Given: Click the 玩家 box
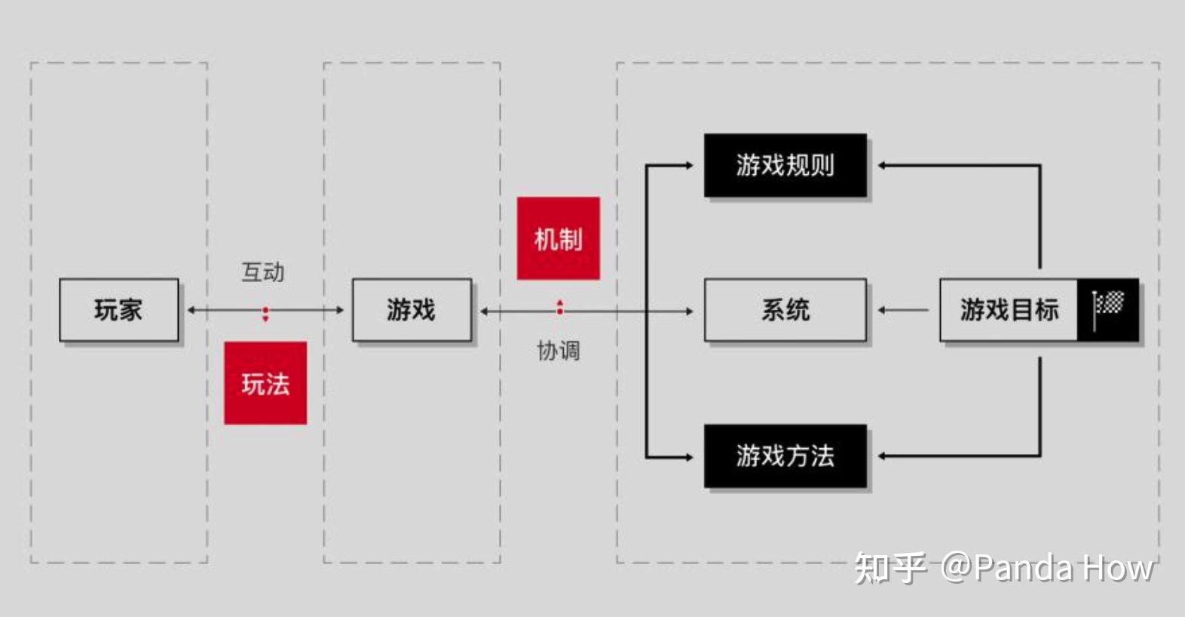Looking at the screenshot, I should (x=118, y=310).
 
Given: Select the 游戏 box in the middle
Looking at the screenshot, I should (x=412, y=310).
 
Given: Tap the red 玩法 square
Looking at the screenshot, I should (x=265, y=383).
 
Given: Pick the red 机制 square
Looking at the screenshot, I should (x=558, y=238).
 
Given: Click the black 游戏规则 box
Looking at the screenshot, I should (x=785, y=165).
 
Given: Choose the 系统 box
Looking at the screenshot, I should (x=785, y=310).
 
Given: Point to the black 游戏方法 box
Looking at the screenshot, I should (x=785, y=456).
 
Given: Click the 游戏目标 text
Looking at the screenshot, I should (x=1009, y=310).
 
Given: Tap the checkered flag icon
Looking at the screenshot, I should (x=1108, y=308).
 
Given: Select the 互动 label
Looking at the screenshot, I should (x=262, y=272).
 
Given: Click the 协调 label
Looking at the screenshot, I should (x=558, y=351).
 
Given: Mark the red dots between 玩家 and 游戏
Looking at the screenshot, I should (x=265, y=314).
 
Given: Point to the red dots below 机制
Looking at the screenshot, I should (x=559, y=308).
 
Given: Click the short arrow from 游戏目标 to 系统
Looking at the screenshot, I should (x=902, y=310).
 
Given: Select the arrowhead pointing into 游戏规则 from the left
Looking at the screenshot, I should (x=688, y=165).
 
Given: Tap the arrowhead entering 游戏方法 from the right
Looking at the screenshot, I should (x=882, y=456).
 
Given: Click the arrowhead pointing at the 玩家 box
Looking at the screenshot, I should (x=191, y=310).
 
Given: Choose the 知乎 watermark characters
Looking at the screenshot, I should (x=890, y=568).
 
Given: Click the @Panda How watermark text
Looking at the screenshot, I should (x=1047, y=568).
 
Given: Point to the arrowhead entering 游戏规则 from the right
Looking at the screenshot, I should (x=882, y=165).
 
